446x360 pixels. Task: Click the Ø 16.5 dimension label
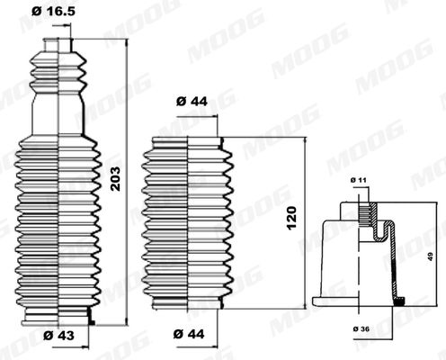pyautogui.click(x=53, y=12)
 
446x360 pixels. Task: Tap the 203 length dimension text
pyautogui.click(x=115, y=179)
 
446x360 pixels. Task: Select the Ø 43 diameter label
pyautogui.click(x=58, y=335)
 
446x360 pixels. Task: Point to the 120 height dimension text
pyautogui.click(x=291, y=218)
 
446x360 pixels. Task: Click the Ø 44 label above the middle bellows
pyautogui.click(x=192, y=102)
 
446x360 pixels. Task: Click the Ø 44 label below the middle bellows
pyautogui.click(x=189, y=334)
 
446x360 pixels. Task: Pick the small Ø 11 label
pyautogui.click(x=359, y=180)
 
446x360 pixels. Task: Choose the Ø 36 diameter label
pyautogui.click(x=361, y=328)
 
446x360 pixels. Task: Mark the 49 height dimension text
pyautogui.click(x=431, y=256)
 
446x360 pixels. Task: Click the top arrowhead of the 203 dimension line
pyautogui.click(x=126, y=42)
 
